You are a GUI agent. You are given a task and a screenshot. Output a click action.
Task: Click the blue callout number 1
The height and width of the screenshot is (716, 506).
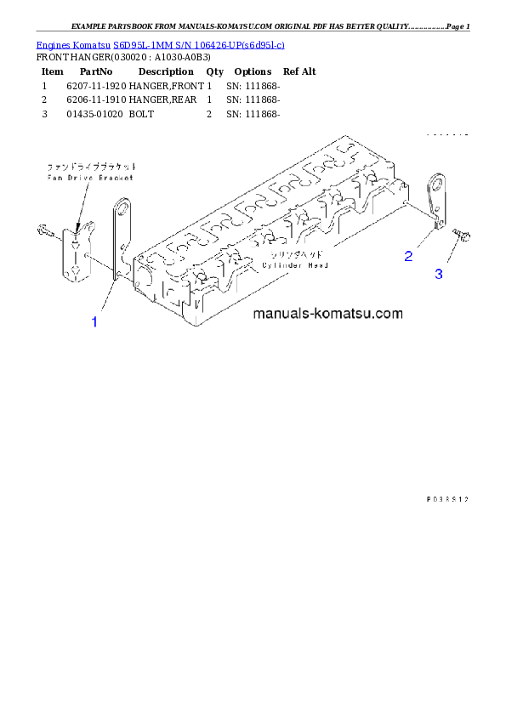(94, 321)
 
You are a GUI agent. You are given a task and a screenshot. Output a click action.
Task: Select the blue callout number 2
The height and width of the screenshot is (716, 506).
(409, 255)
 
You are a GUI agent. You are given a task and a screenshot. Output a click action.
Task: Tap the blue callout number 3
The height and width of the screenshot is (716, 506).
(439, 273)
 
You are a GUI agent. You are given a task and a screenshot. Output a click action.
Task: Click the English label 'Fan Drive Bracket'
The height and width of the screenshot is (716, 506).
(78, 178)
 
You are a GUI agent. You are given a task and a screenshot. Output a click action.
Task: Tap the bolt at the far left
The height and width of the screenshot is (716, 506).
(45, 230)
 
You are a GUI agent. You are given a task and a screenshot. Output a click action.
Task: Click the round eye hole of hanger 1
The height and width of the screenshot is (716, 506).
(122, 206)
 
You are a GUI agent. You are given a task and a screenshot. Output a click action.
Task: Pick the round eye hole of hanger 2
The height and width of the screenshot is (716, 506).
(439, 182)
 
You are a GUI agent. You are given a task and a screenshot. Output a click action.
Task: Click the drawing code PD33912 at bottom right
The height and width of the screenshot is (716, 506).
(447, 499)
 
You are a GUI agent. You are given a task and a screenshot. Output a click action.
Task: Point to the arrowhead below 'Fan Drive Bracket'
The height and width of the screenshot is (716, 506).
(77, 224)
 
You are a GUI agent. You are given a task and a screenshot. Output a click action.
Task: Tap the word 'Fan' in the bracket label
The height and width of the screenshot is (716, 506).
(52, 178)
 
